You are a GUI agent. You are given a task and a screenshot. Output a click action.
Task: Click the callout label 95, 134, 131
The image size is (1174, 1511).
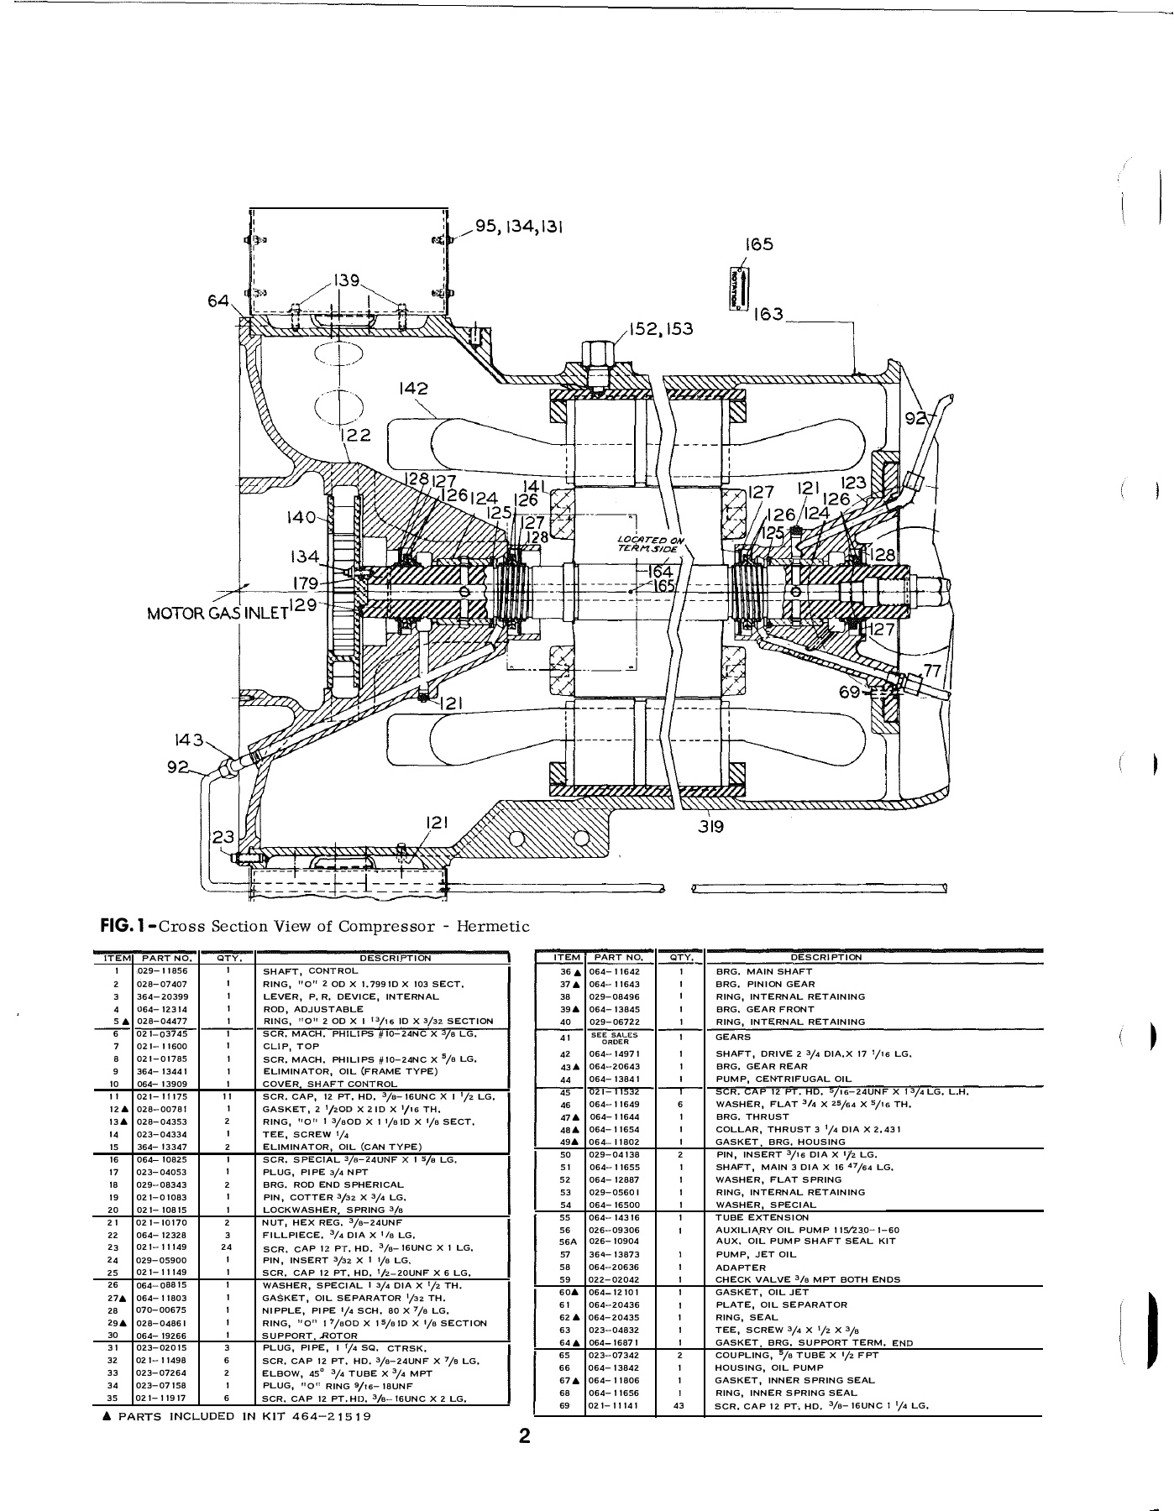point(519,228)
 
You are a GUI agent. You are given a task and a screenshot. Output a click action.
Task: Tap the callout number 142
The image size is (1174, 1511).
point(414,389)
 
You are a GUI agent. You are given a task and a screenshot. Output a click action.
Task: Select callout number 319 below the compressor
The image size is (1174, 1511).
point(711,825)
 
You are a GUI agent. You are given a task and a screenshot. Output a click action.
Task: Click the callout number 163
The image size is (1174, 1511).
point(768,314)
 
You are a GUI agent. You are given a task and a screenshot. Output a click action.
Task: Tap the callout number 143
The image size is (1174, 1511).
point(188,740)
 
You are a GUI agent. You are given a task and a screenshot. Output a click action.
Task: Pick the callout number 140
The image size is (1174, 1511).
point(300,518)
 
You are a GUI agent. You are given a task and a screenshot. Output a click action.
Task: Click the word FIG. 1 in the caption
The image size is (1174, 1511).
point(126,926)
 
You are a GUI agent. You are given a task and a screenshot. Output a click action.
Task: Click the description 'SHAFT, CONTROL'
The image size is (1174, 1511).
point(301,970)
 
